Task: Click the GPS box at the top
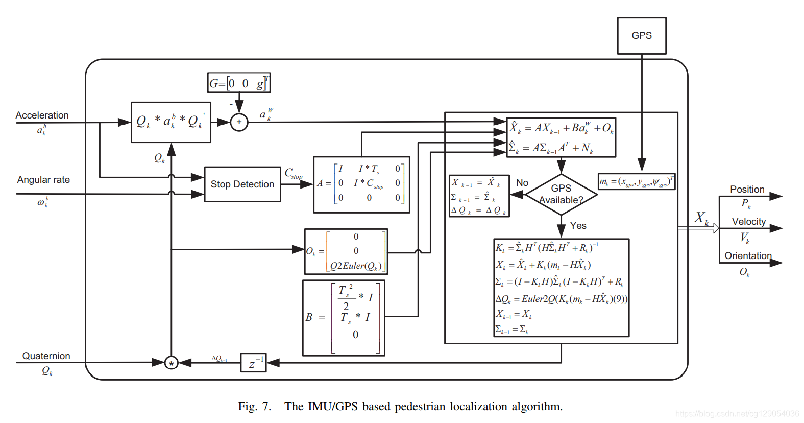pyautogui.click(x=641, y=36)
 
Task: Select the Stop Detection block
pyautogui.click(x=242, y=184)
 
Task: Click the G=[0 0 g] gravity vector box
pyautogui.click(x=239, y=83)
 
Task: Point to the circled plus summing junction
pyautogui.click(x=239, y=122)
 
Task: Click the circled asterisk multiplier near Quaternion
pyautogui.click(x=172, y=363)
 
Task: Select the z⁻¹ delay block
pyautogui.click(x=253, y=363)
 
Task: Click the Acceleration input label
pyautogui.click(x=42, y=115)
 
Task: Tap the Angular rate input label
pyautogui.click(x=43, y=180)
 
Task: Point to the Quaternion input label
pyautogui.click(x=46, y=356)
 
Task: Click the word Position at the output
pyautogui.click(x=747, y=190)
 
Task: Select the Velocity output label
pyautogui.click(x=748, y=222)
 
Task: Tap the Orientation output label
pyautogui.click(x=748, y=256)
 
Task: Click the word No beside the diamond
pyautogui.click(x=522, y=183)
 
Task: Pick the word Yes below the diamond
pyautogui.click(x=578, y=226)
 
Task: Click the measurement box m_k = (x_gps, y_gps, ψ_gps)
pyautogui.click(x=637, y=182)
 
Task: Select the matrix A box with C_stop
pyautogui.click(x=361, y=184)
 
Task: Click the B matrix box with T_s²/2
pyautogui.click(x=344, y=318)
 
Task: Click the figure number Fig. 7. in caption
pyautogui.click(x=254, y=407)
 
